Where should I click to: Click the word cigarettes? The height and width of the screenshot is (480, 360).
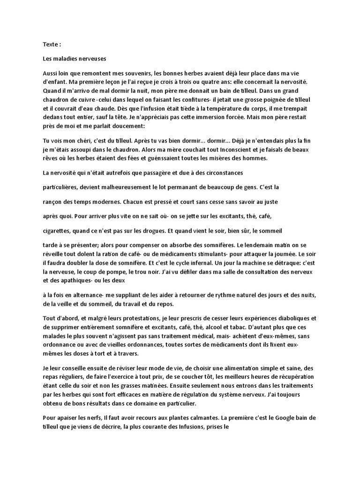(x=57, y=231)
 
